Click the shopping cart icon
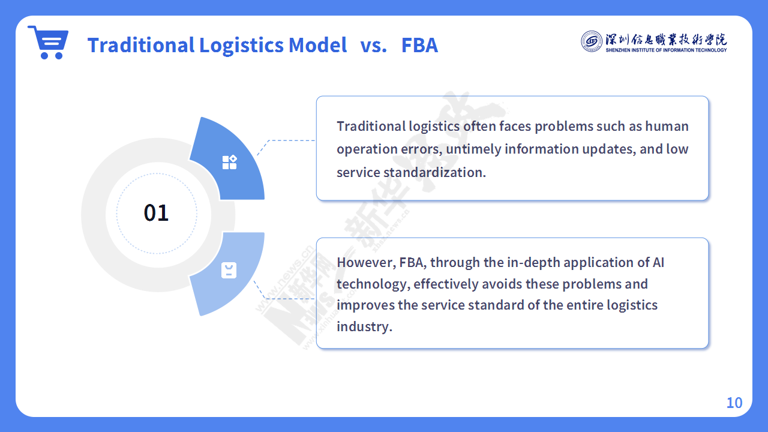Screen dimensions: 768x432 pyautogui.click(x=49, y=42)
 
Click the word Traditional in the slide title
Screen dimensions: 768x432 pyautogui.click(x=141, y=45)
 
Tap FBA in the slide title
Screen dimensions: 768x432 pyautogui.click(x=419, y=45)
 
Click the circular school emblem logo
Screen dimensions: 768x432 pyautogui.click(x=591, y=41)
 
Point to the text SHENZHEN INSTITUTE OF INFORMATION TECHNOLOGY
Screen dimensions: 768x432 pyautogui.click(x=666, y=50)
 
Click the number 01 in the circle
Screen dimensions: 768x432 pyautogui.click(x=157, y=213)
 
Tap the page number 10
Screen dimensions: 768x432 pyautogui.click(x=734, y=403)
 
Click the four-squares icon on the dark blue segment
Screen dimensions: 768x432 pyautogui.click(x=230, y=162)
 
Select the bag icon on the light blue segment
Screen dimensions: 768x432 pyautogui.click(x=229, y=270)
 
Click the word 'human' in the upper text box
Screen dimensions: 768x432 pyautogui.click(x=667, y=126)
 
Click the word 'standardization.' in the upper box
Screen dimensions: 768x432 pyautogui.click(x=434, y=172)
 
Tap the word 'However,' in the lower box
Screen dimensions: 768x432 pyautogui.click(x=366, y=263)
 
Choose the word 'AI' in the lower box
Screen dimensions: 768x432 pyautogui.click(x=658, y=263)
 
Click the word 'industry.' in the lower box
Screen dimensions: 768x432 pyautogui.click(x=364, y=326)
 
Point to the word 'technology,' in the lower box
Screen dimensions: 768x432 pyautogui.click(x=373, y=284)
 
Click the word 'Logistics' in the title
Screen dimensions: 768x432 pyautogui.click(x=241, y=46)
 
